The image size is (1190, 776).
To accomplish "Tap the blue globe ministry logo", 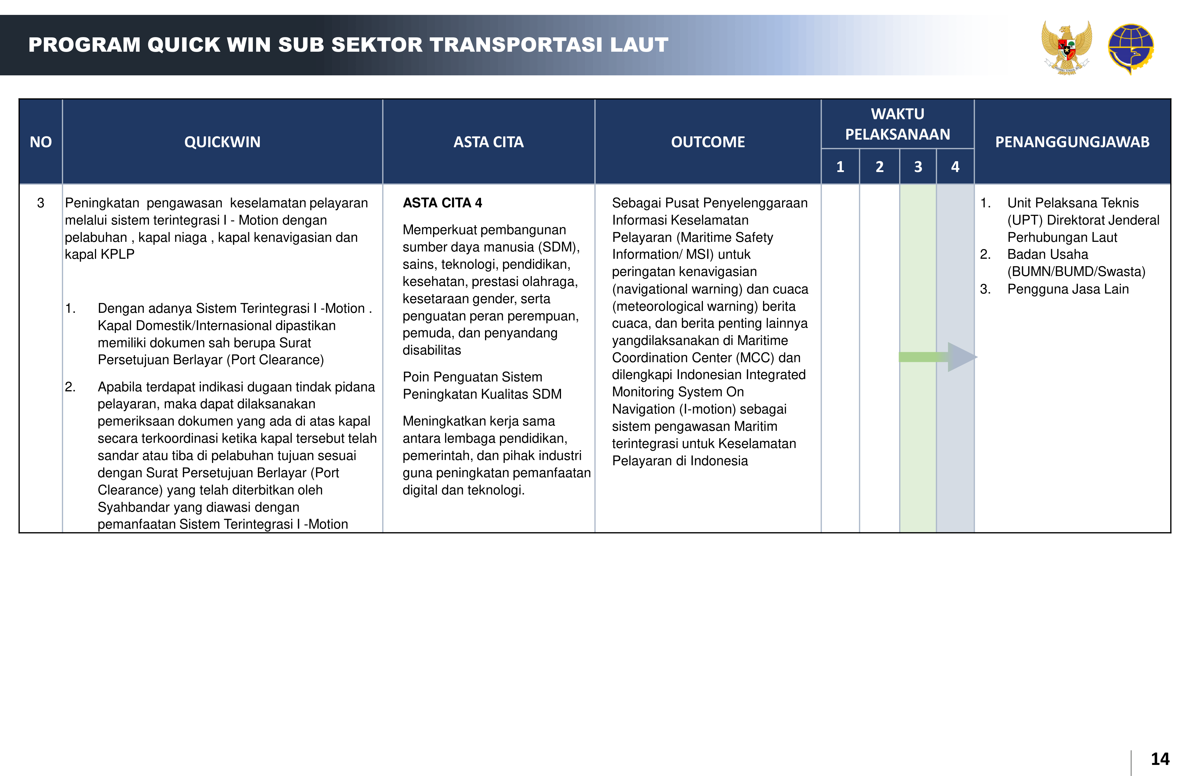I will pos(1130,48).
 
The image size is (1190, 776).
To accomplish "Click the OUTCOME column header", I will pos(708,142).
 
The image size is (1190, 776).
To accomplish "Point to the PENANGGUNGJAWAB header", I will pos(1072,142).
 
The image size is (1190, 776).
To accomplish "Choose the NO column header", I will pos(41,142).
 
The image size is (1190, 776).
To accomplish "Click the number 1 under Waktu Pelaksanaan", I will pos(840,166).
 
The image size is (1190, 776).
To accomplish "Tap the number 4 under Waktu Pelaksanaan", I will pos(955,166).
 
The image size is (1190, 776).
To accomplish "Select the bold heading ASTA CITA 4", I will pos(442,203).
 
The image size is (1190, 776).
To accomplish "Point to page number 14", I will pos(1160,759).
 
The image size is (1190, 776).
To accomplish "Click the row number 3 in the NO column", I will pos(41,203).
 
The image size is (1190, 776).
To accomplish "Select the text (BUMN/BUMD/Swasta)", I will pos(1076,272).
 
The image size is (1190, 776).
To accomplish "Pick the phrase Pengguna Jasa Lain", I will pos(1068,289).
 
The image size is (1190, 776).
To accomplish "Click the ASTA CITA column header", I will pos(488,142).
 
